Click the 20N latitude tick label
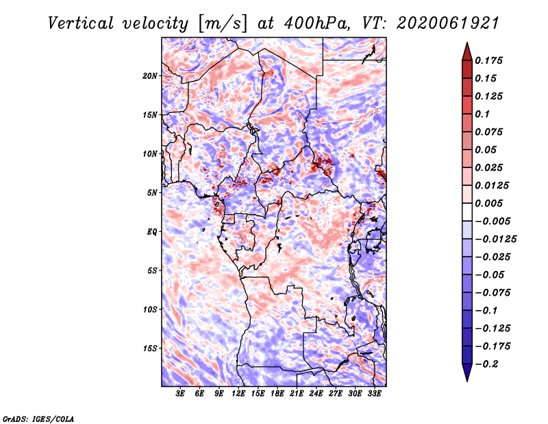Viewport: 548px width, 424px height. (150, 76)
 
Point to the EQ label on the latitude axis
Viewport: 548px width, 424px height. (152, 232)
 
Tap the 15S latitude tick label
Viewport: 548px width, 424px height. (150, 349)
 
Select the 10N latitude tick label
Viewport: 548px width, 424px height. (150, 154)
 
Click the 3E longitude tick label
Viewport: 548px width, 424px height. (180, 394)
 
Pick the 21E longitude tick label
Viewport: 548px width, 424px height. (297, 394)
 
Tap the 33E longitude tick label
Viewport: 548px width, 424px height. (374, 394)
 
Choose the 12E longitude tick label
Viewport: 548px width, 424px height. (238, 394)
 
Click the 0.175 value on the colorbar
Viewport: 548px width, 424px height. (488, 60)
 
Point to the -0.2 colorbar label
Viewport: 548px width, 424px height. (486, 364)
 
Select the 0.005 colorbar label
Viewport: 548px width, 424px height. (488, 203)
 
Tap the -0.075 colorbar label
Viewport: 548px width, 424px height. (493, 293)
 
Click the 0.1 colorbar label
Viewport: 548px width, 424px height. (482, 114)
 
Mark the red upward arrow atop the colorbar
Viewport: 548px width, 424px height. (467, 51)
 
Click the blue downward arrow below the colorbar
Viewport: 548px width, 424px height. (467, 373)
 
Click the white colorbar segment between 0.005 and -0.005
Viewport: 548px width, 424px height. (467, 212)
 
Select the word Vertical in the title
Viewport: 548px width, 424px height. (81, 23)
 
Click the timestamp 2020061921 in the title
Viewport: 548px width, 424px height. (448, 23)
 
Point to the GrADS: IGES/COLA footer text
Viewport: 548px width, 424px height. (38, 419)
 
